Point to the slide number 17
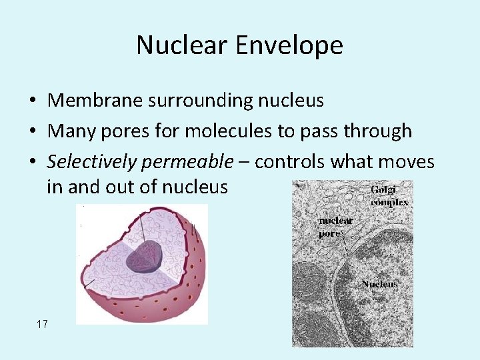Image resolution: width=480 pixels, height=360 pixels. [x=42, y=325]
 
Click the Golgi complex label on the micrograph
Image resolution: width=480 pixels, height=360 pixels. [x=389, y=197]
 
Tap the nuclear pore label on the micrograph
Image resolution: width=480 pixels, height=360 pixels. [x=335, y=227]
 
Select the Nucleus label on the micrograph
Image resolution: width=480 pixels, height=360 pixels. [x=379, y=284]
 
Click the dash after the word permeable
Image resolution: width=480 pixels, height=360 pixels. [x=244, y=163]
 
